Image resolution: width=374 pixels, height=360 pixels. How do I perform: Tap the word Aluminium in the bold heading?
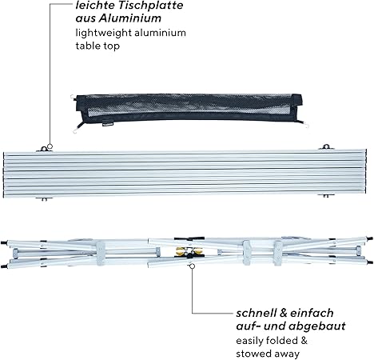click(130, 18)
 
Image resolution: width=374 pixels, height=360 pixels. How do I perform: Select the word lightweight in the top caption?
click(104, 34)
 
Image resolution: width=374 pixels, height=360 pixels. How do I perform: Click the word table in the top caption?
click(88, 46)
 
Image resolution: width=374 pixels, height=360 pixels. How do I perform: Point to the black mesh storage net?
click(189, 110)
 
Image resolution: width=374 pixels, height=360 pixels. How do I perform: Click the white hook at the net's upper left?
click(73, 97)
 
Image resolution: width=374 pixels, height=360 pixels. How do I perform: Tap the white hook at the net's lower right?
click(306, 125)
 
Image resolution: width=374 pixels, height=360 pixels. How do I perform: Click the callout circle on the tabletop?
click(50, 146)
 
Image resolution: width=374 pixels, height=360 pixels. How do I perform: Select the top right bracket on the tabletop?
click(326, 147)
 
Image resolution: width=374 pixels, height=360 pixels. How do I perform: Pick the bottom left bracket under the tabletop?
click(44, 198)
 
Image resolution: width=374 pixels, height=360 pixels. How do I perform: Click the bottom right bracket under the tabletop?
click(325, 195)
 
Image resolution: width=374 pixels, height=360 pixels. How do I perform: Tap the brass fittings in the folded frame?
click(189, 251)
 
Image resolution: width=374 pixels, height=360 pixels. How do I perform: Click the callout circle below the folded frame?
click(192, 266)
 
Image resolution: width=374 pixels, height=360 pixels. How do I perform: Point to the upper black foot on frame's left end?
click(4, 243)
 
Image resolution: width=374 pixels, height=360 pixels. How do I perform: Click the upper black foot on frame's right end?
click(369, 238)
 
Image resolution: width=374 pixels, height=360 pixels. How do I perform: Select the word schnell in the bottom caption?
click(256, 313)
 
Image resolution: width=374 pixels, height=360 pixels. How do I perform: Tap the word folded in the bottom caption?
click(277, 341)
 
